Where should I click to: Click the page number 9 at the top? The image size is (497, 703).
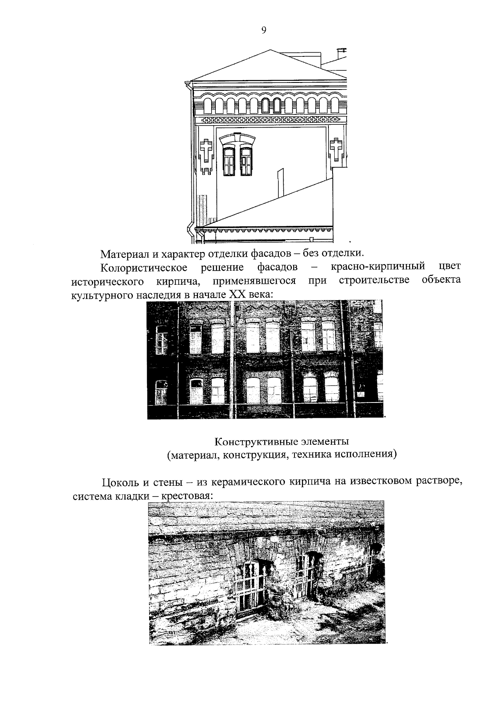point(264,30)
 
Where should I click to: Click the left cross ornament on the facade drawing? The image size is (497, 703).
point(206,150)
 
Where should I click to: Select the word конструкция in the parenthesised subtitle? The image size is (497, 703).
point(255,455)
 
